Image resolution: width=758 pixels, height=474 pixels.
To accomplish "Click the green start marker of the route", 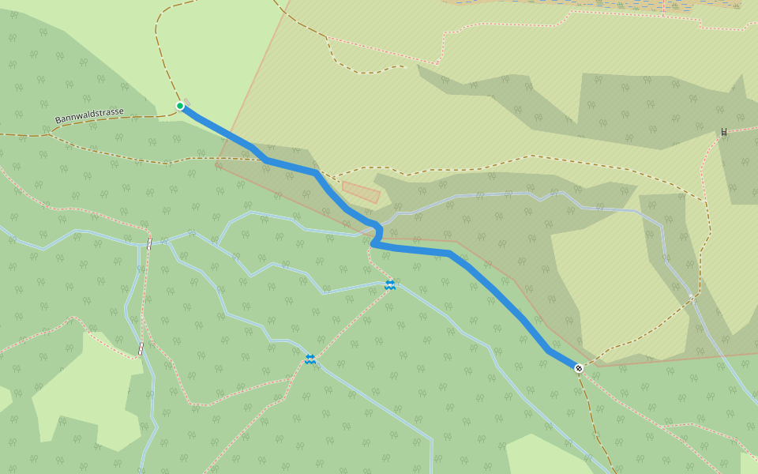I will click(x=180, y=106).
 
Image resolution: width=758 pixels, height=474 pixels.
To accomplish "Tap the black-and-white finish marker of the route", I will click(x=579, y=368).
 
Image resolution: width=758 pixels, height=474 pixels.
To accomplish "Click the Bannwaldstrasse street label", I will click(x=89, y=116).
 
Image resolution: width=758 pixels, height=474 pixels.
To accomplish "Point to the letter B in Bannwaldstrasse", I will click(x=58, y=120).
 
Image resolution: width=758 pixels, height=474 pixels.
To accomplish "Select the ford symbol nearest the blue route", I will click(x=390, y=284).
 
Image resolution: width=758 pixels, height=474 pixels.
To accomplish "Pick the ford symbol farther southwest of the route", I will click(x=310, y=359).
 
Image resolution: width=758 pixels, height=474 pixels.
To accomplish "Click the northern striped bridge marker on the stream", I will click(x=148, y=244).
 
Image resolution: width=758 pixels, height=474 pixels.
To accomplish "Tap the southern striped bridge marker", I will click(x=141, y=348).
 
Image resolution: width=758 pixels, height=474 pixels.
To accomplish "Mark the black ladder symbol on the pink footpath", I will click(x=723, y=132).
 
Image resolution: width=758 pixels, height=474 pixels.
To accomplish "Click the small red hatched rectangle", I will click(x=361, y=192).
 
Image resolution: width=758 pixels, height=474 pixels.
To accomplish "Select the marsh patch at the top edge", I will click(x=600, y=6).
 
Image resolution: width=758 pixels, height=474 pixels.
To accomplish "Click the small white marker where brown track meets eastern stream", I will click(x=691, y=297).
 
